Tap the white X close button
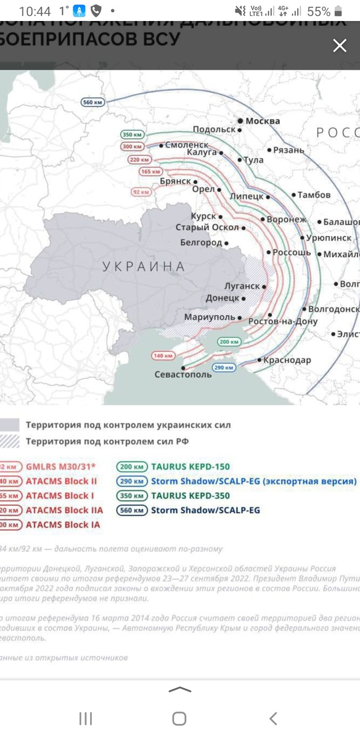click(340, 46)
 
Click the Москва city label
click(263, 121)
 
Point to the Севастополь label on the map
click(183, 375)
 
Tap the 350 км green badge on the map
click(133, 134)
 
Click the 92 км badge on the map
click(141, 192)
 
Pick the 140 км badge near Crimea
click(163, 356)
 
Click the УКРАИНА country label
click(144, 266)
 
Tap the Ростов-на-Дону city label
click(283, 322)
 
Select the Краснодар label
click(288, 360)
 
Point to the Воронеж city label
click(287, 220)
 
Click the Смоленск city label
click(187, 145)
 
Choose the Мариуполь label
click(210, 317)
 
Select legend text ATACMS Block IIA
click(64, 510)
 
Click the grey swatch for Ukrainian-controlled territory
click(10, 425)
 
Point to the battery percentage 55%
click(319, 11)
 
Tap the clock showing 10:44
click(35, 11)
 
